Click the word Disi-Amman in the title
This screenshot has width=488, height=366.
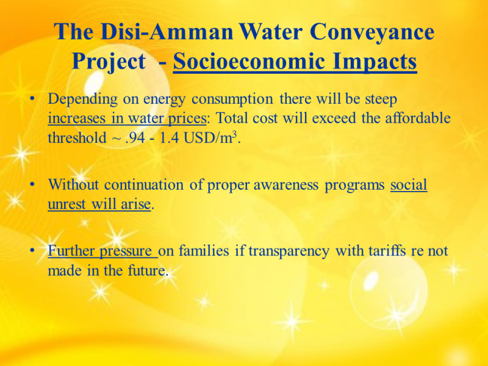[167, 32]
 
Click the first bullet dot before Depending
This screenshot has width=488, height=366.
[32, 99]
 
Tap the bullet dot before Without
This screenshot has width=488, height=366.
[32, 184]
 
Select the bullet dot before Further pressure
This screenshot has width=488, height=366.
[32, 250]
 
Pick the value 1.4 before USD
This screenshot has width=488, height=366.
[170, 138]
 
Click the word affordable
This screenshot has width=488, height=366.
[418, 118]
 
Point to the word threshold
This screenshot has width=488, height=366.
[77, 137]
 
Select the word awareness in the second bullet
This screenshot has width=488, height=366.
[286, 185]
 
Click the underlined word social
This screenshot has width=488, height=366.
[409, 185]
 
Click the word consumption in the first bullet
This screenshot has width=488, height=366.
[232, 99]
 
